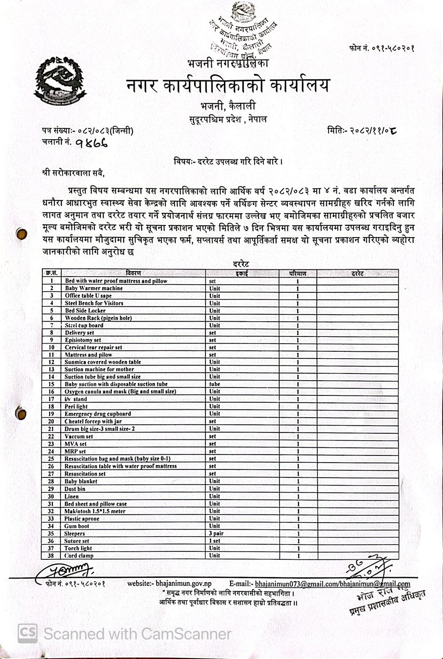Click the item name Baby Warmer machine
pyautogui.click(x=93, y=288)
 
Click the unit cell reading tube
pyautogui.click(x=215, y=384)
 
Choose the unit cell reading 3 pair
pyautogui.click(x=216, y=533)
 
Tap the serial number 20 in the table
pyautogui.click(x=51, y=421)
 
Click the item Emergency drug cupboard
pyautogui.click(x=98, y=414)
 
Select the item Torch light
pyautogui.click(x=78, y=548)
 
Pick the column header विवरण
pyautogui.click(x=133, y=273)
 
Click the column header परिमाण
pyautogui.click(x=297, y=273)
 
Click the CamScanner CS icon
pyautogui.click(x=27, y=633)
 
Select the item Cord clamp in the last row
pyautogui.click(x=79, y=556)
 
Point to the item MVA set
pyautogui.click(x=75, y=444)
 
